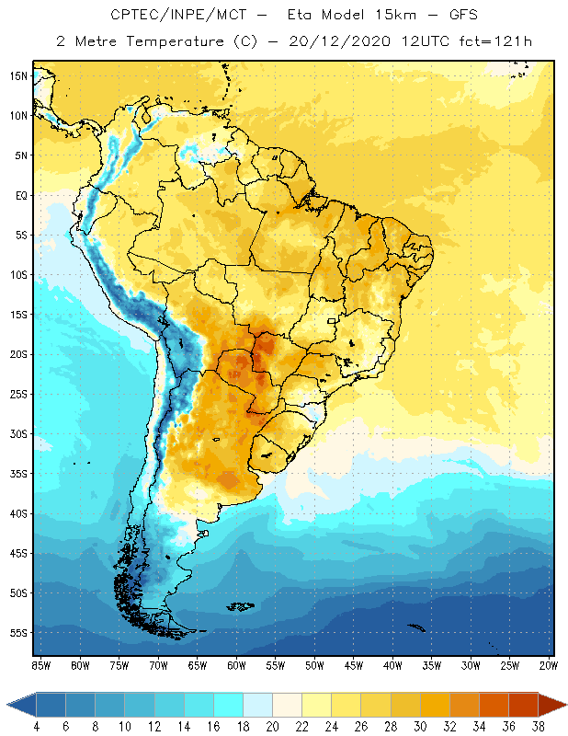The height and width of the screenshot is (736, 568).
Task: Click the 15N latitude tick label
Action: pyautogui.click(x=17, y=75)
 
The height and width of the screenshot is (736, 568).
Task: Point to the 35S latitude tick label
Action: pyautogui.click(x=17, y=473)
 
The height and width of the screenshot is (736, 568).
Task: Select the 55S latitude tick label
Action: pyautogui.click(x=17, y=632)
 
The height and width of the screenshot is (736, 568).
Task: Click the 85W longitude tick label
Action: pyautogui.click(x=40, y=665)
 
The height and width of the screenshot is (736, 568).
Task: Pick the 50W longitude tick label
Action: pyautogui.click(x=314, y=665)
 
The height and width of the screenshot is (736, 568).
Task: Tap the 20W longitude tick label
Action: pyautogui.click(x=549, y=665)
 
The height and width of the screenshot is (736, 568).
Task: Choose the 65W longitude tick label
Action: pyautogui.click(x=197, y=665)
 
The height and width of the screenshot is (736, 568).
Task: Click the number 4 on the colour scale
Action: pyautogui.click(x=37, y=727)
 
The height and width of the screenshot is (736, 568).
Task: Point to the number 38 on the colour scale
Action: pyautogui.click(x=538, y=727)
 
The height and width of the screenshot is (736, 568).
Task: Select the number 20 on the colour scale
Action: pyautogui.click(x=272, y=727)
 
